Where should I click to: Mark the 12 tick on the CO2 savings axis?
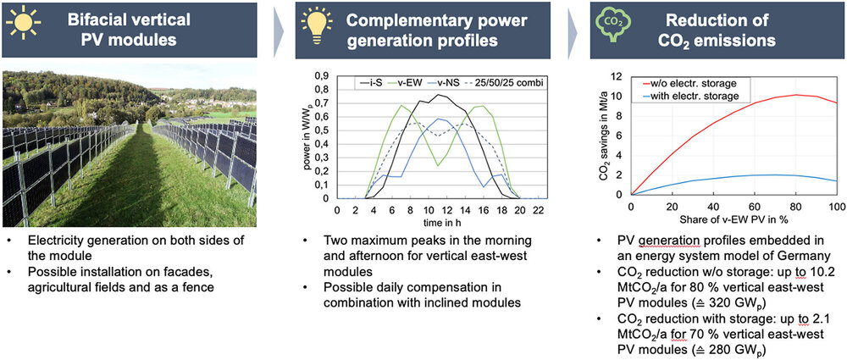coord(619,76)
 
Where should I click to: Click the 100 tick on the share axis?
coord(836,207)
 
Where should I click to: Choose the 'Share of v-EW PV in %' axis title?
coord(734,220)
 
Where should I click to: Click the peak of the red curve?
coord(795,95)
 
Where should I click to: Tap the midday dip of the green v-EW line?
coord(435,165)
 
